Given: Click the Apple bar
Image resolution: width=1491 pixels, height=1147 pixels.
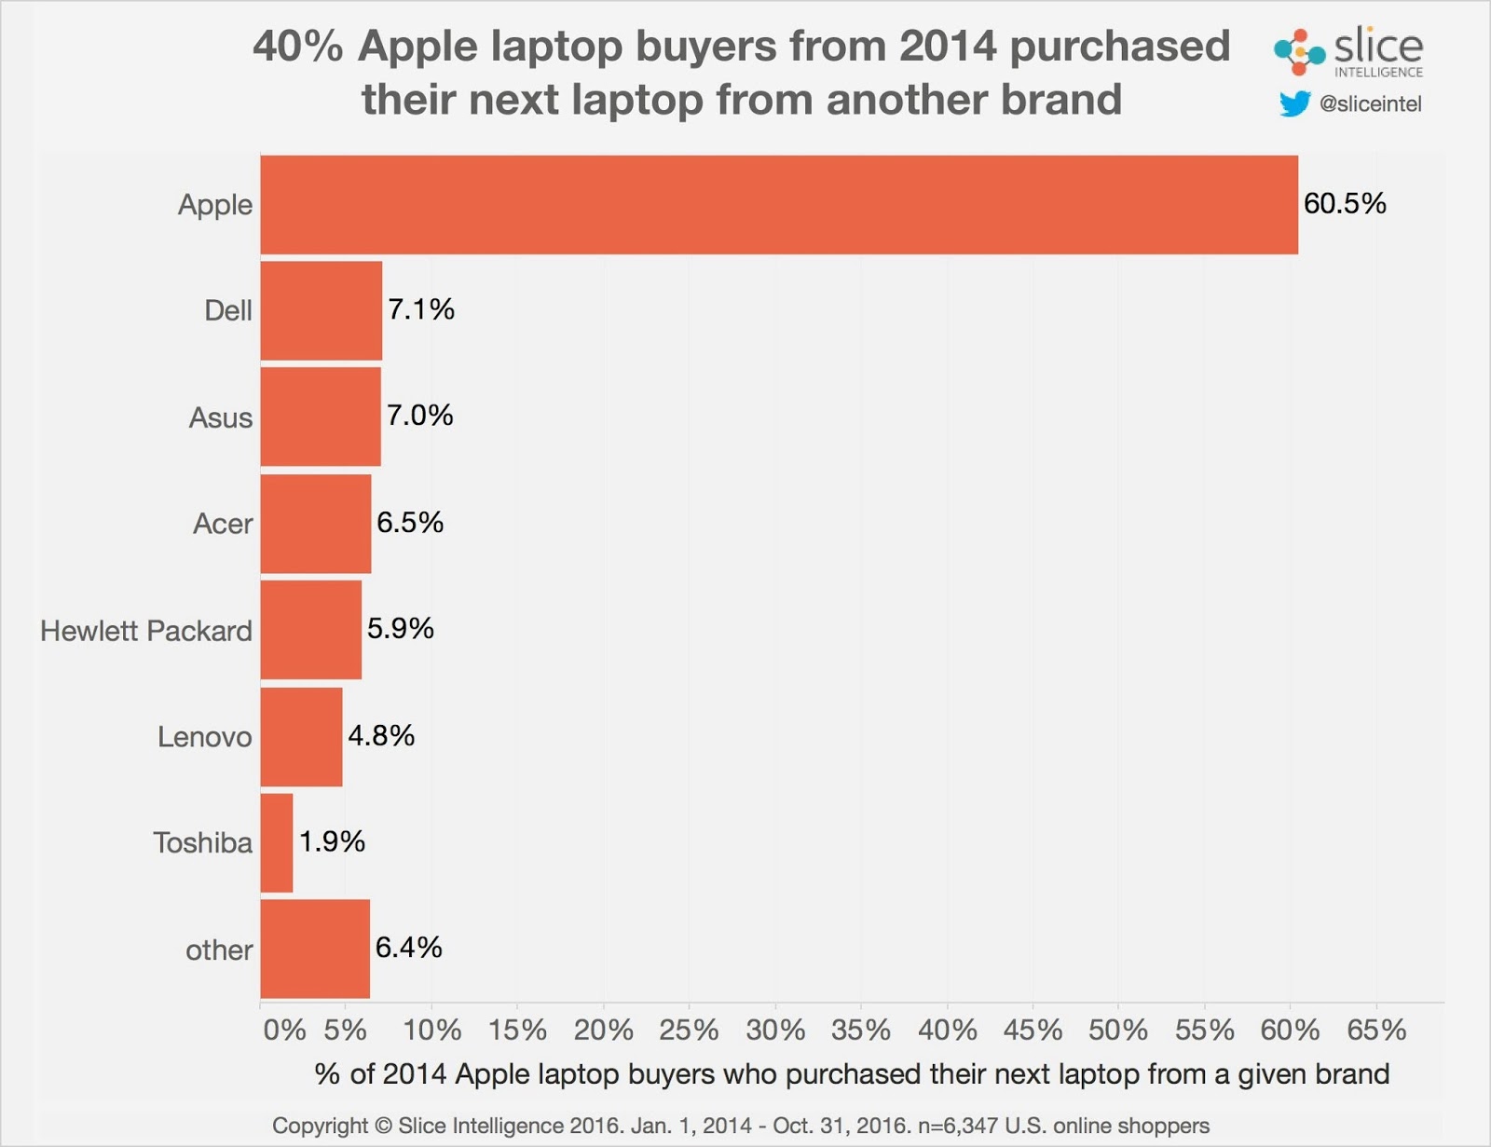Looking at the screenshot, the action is point(779,204).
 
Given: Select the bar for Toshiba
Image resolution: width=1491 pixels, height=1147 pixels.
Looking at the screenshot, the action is point(277,843).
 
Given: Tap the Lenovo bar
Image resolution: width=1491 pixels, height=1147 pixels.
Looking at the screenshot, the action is point(301,737).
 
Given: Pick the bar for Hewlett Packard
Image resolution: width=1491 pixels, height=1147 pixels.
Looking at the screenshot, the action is point(311,630).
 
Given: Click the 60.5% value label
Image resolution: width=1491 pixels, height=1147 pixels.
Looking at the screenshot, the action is point(1345,204).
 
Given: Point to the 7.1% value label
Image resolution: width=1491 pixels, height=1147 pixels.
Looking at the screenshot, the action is point(421,309).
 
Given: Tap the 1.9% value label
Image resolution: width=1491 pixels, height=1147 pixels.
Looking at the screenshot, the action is point(332,841).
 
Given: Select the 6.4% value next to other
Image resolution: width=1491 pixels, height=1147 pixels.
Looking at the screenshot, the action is point(408,948).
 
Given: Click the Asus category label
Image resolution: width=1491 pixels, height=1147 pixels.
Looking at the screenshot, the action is point(221,417).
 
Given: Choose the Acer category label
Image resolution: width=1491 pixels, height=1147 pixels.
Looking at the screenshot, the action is point(223,524).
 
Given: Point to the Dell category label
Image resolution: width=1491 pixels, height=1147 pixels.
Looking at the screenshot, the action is point(228,310).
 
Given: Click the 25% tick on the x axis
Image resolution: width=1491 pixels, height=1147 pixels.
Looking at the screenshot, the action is point(689,1031).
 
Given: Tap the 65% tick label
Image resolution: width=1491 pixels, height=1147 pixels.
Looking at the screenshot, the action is point(1376,1031).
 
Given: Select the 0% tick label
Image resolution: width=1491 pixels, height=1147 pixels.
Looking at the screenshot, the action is point(284,1031).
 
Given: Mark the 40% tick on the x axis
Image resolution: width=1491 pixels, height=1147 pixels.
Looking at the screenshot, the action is point(948,1031).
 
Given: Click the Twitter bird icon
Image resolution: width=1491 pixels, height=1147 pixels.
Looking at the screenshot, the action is point(1294,103).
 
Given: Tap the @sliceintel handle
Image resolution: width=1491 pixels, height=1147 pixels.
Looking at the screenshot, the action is point(1370,104).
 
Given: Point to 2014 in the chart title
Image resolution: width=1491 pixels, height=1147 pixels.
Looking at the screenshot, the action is point(949,46).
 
